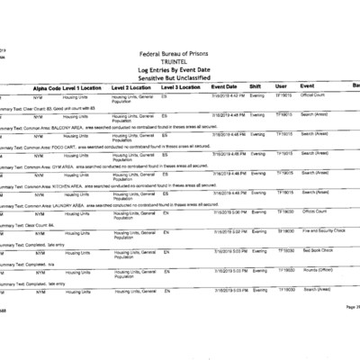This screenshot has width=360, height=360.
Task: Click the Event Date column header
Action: pyautogui.click(x=224, y=87)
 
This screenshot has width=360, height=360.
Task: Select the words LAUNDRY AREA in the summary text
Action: pyautogui.click(x=68, y=204)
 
